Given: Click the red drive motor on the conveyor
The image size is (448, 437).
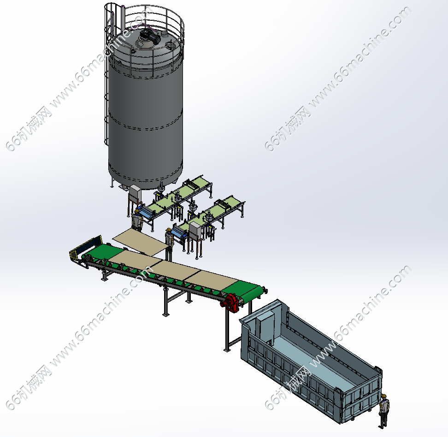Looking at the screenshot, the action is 230,303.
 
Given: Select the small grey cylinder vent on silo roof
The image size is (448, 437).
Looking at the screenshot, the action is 165,34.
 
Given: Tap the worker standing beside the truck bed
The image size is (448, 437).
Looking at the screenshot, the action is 383,411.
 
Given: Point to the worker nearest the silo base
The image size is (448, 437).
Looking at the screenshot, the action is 137,220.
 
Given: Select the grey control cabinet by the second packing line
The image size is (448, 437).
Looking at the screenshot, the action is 195,231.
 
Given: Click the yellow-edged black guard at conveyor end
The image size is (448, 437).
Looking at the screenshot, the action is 85,248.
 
